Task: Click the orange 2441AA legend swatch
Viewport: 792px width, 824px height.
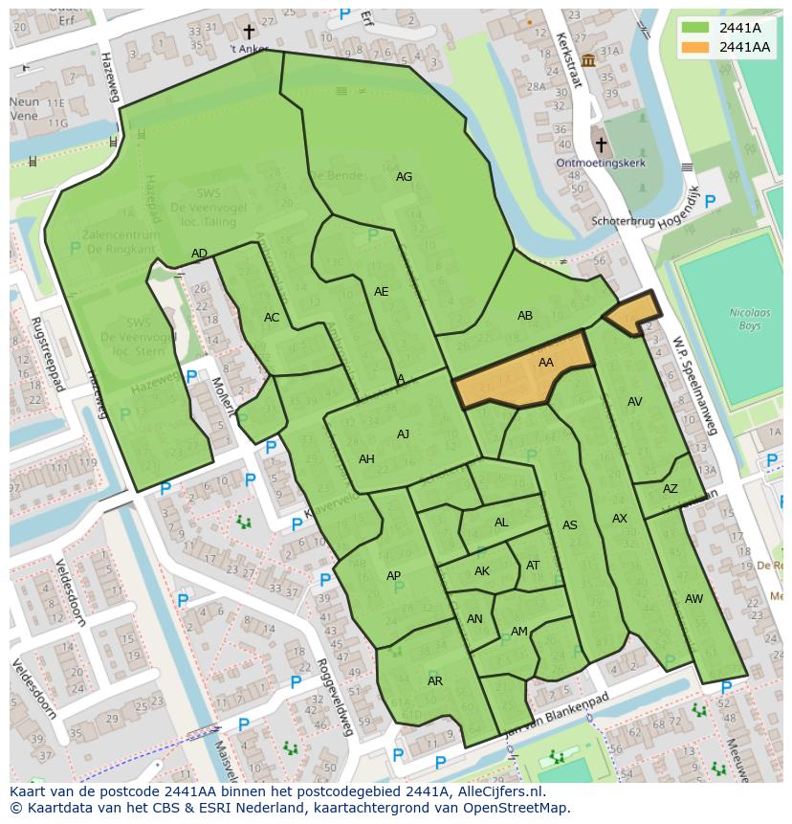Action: (x=695, y=47)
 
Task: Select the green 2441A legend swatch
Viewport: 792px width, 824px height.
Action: (x=695, y=28)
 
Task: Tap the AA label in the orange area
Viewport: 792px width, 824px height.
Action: (x=545, y=363)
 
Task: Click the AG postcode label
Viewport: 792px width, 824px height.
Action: (x=404, y=177)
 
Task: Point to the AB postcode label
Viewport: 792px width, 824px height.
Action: (x=524, y=316)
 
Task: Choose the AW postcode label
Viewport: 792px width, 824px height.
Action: (x=693, y=599)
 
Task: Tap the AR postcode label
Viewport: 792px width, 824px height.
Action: (x=435, y=681)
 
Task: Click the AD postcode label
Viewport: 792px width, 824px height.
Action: (x=199, y=254)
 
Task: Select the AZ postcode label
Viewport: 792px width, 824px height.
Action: (x=670, y=489)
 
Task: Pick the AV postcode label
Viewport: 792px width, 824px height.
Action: (x=634, y=402)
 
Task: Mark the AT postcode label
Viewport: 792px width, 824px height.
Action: (x=533, y=566)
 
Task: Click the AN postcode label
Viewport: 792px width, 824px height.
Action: (x=474, y=619)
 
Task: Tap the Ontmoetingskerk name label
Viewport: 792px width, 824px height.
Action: (x=601, y=163)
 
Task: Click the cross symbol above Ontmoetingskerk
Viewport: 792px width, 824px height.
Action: (x=601, y=145)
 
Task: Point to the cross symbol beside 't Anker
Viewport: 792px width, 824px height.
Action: (x=249, y=33)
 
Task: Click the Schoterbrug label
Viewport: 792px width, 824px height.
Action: (x=623, y=221)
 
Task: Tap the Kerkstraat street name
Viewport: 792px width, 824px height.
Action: (x=568, y=59)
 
